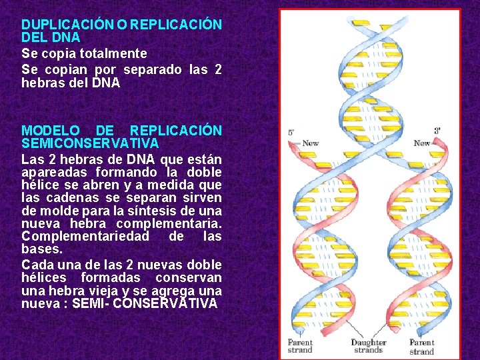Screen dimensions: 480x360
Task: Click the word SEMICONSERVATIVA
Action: pyautogui.click(x=90, y=143)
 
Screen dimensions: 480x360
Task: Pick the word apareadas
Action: pyautogui.click(x=52, y=171)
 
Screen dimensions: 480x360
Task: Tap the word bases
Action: pyautogui.click(x=41, y=249)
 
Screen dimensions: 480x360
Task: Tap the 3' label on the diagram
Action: pyautogui.click(x=437, y=131)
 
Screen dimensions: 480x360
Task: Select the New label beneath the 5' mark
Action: pyautogui.click(x=310, y=143)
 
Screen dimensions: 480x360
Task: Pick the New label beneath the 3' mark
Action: pyautogui.click(x=421, y=143)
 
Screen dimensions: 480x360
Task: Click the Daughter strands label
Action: pyautogui.click(x=368, y=347)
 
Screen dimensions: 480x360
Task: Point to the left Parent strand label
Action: pyautogui.click(x=299, y=347)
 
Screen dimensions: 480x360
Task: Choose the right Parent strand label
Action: pyautogui.click(x=421, y=347)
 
